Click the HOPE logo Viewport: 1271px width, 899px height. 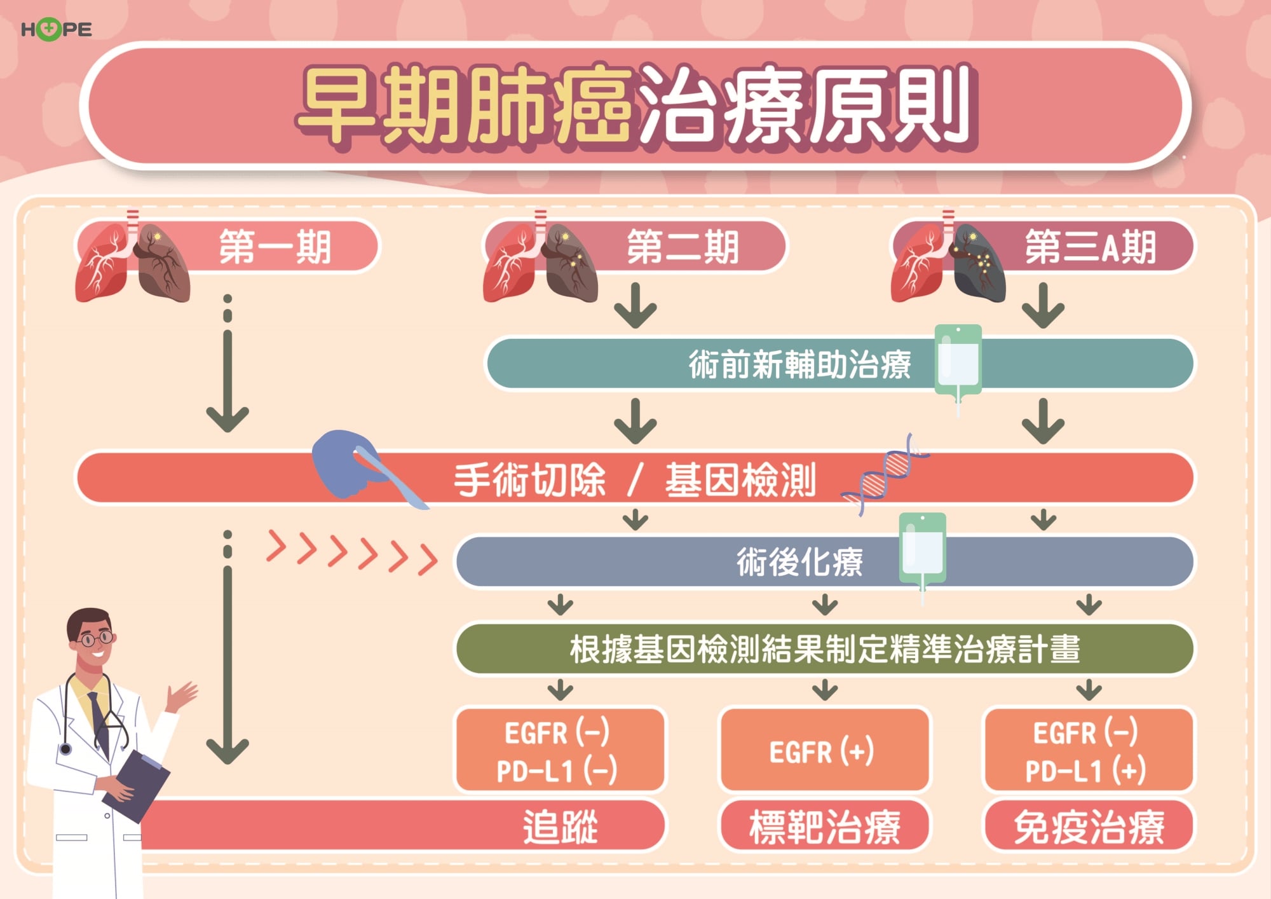[56, 29]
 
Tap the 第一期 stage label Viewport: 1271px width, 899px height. [275, 247]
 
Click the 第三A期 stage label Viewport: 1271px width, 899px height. [1089, 247]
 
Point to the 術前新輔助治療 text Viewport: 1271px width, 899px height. [799, 364]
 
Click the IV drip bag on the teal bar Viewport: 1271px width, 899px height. [958, 360]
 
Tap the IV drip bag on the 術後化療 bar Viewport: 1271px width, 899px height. [922, 549]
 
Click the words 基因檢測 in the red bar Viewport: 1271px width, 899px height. [740, 480]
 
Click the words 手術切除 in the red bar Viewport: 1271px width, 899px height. [529, 480]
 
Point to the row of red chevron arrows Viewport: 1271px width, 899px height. [351, 551]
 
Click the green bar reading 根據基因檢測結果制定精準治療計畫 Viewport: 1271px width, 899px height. [824, 649]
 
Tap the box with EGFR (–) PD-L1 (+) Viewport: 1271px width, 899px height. [1087, 751]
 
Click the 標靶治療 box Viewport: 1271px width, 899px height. [824, 827]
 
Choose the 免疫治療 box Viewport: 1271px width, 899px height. [1088, 827]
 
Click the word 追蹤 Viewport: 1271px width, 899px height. [560, 827]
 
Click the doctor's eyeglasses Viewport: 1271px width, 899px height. [96, 638]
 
